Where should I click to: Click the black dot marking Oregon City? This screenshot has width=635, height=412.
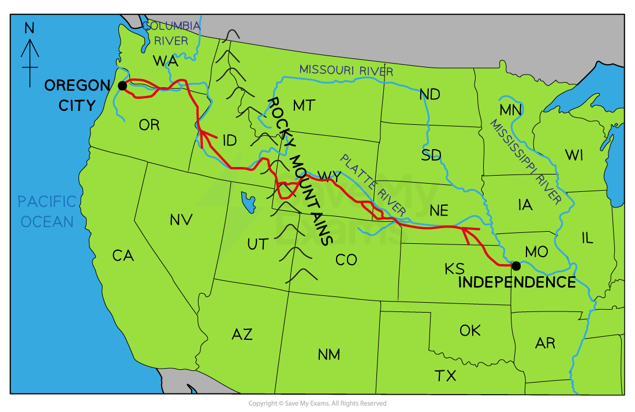coord(122,86)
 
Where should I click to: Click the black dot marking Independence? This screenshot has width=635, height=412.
coord(516,266)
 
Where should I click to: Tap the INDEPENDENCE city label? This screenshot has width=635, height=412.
coord(517,283)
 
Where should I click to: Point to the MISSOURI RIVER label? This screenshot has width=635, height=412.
coord(346,70)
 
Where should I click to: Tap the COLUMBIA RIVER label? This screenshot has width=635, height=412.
coord(171,34)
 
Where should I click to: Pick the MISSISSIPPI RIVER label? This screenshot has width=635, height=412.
coord(525,162)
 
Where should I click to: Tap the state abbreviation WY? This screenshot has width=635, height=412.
coord(329,176)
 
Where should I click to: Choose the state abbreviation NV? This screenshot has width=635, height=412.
coord(181,220)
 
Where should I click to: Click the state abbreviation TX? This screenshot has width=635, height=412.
coord(446,376)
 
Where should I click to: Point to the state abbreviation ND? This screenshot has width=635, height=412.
coord(429,95)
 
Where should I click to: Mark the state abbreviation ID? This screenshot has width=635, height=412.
coord(229,140)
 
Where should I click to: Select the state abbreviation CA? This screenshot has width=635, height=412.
coord(123,255)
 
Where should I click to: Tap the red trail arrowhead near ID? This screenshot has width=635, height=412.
coord(202,135)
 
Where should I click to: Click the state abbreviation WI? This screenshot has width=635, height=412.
coord(574,155)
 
